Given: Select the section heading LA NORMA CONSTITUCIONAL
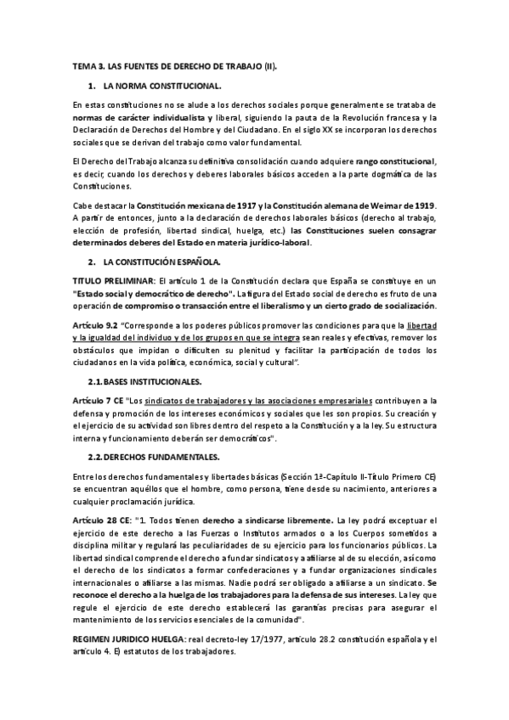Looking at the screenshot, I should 161,87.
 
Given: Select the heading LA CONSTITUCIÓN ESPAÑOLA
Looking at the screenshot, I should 161,262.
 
